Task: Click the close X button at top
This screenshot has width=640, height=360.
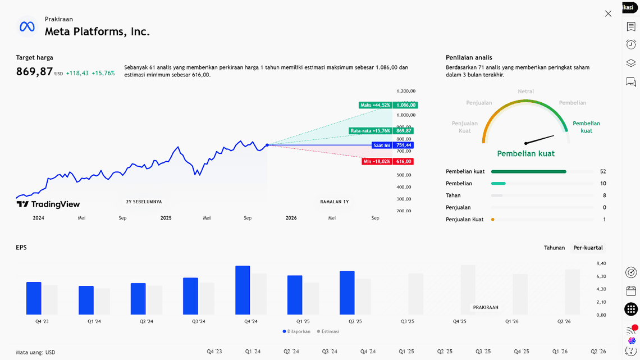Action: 608,13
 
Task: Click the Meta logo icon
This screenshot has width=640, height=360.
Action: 27,26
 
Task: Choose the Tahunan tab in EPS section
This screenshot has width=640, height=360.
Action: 554,248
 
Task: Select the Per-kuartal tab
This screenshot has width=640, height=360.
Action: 588,248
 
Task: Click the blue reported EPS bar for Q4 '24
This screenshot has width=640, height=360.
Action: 243,290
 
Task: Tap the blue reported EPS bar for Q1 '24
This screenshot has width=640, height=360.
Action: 86,300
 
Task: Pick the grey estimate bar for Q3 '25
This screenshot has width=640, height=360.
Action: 415,294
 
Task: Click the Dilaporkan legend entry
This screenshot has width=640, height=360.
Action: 297,331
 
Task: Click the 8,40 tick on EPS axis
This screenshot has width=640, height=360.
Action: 601,263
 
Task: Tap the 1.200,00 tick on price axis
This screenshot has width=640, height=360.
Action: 405,91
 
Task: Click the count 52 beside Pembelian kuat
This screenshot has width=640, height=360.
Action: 603,171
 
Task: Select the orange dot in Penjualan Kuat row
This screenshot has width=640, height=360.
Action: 493,220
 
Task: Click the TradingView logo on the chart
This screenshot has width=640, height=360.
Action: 48,204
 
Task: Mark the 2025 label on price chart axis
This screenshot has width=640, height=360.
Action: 166,218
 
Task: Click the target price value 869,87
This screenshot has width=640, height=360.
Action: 34,72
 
